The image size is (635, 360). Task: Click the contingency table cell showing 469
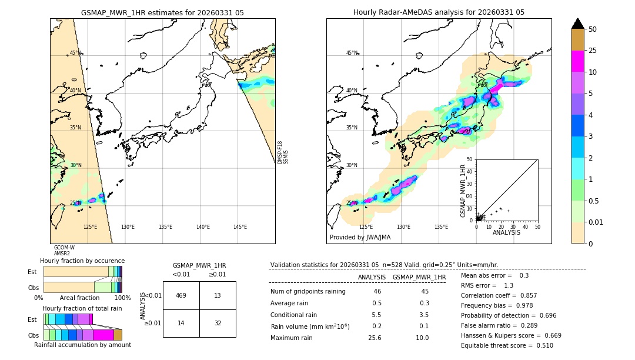coord(181,295)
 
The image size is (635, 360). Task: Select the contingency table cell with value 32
coord(217,323)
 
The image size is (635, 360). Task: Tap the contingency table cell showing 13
coord(217,295)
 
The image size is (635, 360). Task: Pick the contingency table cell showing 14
coord(181,323)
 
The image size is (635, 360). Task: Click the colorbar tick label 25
coord(593,51)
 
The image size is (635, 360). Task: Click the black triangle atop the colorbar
coord(578,24)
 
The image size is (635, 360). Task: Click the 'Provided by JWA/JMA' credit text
coord(360,237)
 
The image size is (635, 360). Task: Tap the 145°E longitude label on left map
coord(240,227)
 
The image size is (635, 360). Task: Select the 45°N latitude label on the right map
coord(351,53)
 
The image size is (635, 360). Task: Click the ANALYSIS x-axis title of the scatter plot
coord(506,232)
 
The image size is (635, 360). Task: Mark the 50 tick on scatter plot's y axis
coord(469,159)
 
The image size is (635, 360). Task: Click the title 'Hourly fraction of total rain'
coord(82,308)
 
